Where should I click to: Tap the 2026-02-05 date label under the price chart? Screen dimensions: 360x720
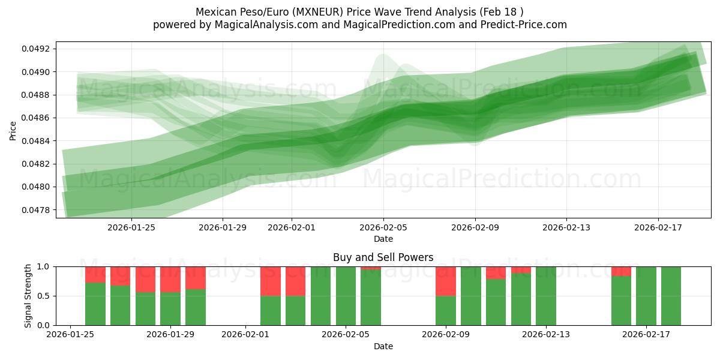(383, 227)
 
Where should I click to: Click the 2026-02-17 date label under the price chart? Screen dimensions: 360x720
(658, 227)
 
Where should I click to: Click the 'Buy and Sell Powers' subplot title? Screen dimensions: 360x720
(383, 257)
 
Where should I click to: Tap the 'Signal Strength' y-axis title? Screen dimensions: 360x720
(28, 295)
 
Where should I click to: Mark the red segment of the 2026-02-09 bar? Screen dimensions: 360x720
(446, 281)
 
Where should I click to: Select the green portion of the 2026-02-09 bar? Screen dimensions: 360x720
(446, 311)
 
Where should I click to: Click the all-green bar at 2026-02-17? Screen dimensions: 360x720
(646, 296)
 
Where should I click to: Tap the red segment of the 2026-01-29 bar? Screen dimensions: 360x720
(170, 279)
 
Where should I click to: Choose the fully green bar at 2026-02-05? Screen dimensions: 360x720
(346, 296)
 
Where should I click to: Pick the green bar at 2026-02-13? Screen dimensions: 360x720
(546, 296)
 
